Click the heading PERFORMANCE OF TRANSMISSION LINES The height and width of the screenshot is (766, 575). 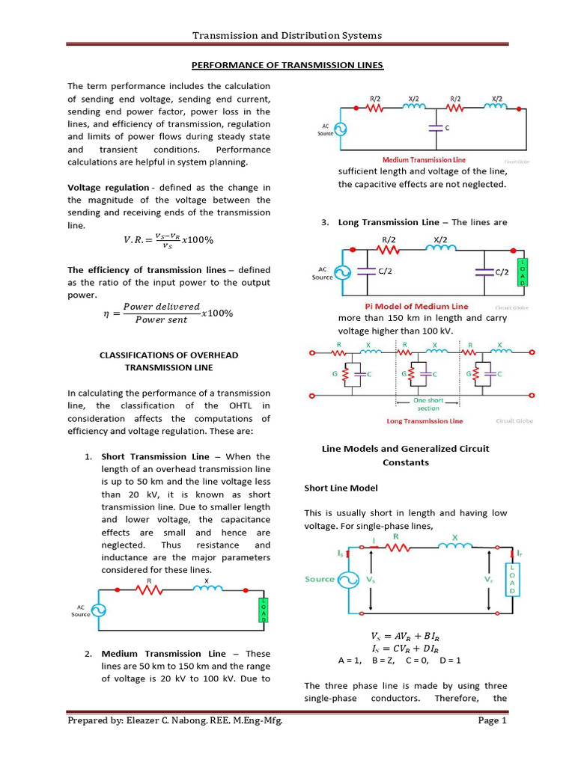click(287, 65)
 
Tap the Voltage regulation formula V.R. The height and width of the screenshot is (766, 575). click(168, 239)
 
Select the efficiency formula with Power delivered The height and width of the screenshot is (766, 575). click(168, 313)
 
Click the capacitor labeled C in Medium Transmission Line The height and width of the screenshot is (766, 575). click(435, 128)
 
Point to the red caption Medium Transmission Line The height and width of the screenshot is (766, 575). click(418, 160)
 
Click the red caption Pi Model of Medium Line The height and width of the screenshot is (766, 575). click(416, 307)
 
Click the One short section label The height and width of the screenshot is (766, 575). click(428, 404)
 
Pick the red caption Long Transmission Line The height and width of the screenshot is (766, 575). click(425, 421)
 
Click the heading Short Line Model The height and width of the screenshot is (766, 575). click(341, 488)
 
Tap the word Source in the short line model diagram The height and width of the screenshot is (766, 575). click(320, 579)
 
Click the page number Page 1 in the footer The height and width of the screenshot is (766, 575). click(493, 721)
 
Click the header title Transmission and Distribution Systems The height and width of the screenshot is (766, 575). click(287, 35)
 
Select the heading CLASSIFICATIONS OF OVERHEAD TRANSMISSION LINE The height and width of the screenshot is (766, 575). click(168, 361)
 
